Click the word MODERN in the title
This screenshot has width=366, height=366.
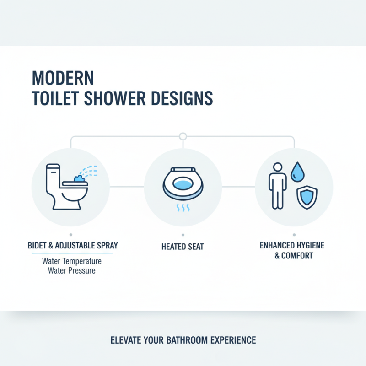[63, 78]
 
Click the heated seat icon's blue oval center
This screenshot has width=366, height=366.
[183, 183]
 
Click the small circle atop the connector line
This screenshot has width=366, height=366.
[183, 136]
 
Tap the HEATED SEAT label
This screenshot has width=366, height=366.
[183, 247]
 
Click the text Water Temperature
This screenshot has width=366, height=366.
[71, 262]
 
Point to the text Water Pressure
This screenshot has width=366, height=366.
[71, 270]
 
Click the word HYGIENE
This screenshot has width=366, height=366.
[309, 246]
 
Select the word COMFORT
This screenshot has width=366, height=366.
[297, 256]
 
